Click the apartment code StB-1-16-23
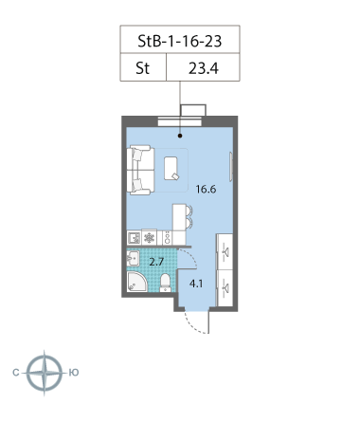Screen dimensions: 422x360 (x=178, y=42)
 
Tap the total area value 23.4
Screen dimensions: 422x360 (x=202, y=69)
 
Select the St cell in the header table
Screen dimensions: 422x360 (x=144, y=69)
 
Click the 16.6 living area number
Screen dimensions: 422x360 (x=207, y=189)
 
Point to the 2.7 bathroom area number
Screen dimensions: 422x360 (x=157, y=260)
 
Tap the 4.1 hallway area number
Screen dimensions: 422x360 (x=196, y=283)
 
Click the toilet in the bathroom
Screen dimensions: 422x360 (x=165, y=283)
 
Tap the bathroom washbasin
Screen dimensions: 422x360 (x=133, y=258)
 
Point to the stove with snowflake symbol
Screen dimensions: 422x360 (x=150, y=238)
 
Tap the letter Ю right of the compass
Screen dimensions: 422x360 (x=73, y=372)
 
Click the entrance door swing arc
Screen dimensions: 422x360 (x=195, y=325)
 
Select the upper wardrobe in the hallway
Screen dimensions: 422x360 (x=227, y=251)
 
